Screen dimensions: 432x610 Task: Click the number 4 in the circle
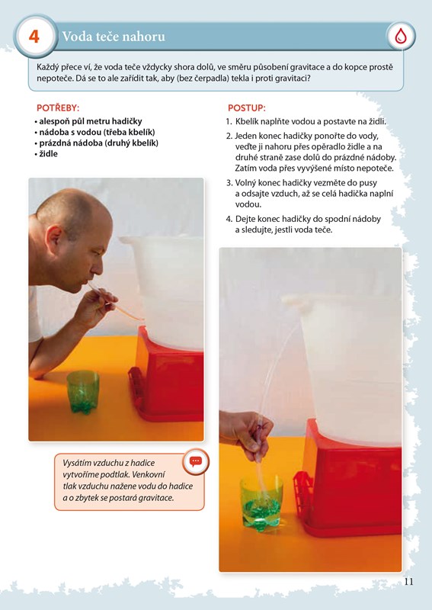(34, 37)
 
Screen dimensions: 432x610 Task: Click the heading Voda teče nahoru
(114, 37)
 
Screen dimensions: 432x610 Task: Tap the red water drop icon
(401, 37)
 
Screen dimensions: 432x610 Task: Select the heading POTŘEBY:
(58, 108)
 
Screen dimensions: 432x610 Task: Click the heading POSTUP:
(247, 108)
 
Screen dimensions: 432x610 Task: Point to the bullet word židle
(48, 154)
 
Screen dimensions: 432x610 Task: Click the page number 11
(408, 581)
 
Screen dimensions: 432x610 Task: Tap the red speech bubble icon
(196, 461)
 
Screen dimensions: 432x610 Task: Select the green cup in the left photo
(83, 392)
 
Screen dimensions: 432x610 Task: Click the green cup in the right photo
(261, 503)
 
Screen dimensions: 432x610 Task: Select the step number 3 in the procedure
(229, 183)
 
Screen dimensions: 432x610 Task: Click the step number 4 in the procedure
(229, 219)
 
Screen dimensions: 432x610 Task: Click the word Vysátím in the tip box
(76, 463)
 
